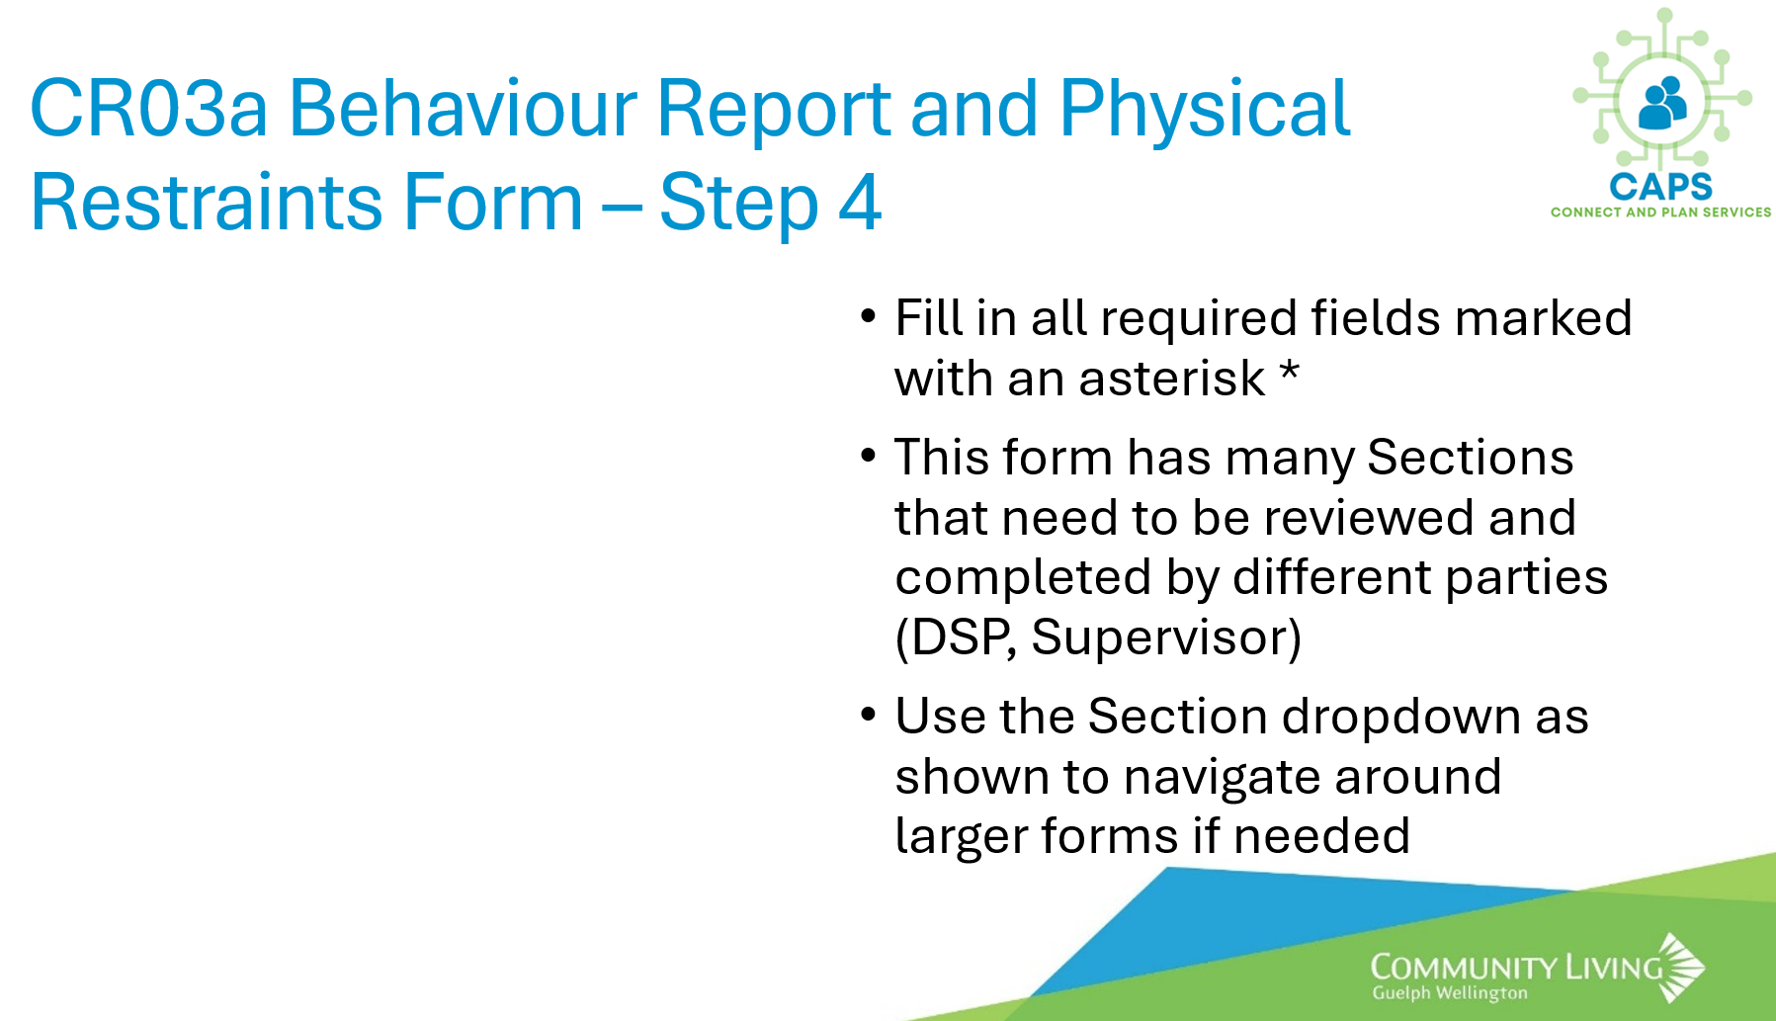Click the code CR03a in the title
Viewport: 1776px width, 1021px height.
coord(149,108)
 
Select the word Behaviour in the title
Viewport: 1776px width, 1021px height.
coord(464,108)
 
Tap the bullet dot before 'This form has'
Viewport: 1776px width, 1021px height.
coord(868,456)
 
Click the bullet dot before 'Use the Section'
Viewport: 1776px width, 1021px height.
coord(868,715)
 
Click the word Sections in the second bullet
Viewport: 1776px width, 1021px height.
coord(1470,458)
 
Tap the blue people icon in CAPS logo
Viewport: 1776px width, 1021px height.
coord(1663,103)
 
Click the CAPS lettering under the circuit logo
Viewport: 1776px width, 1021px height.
coord(1660,186)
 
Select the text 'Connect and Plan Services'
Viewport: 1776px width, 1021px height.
coord(1660,213)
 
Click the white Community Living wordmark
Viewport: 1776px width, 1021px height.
coord(1517,967)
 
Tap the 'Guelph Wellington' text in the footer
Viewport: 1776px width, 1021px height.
coord(1450,993)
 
